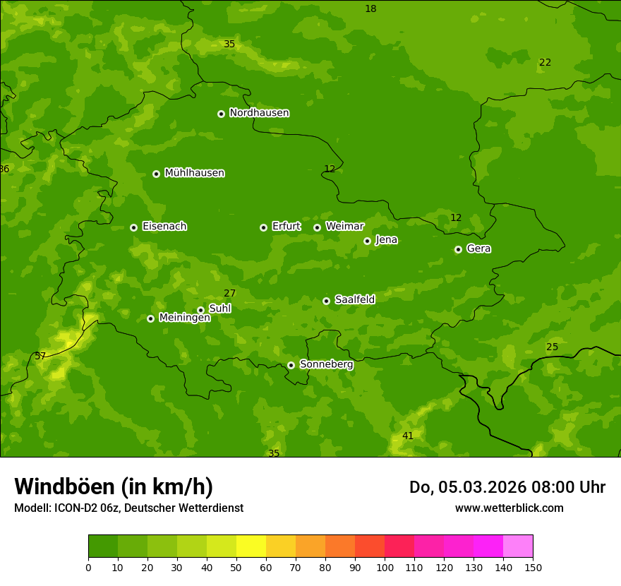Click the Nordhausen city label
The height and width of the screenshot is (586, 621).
click(x=259, y=113)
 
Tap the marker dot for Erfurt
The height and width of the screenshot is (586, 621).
click(x=263, y=227)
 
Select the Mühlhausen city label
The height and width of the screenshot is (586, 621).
click(x=194, y=173)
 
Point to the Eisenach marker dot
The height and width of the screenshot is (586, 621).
click(x=133, y=227)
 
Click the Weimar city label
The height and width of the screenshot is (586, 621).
click(x=344, y=227)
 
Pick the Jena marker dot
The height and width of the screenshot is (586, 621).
click(x=367, y=241)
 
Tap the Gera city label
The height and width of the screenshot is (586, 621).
click(x=478, y=249)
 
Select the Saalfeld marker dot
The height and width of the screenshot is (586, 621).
click(x=326, y=301)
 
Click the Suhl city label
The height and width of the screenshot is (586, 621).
click(x=219, y=309)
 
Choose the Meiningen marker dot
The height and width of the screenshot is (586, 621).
click(x=150, y=318)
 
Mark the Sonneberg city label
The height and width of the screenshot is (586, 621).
click(x=326, y=364)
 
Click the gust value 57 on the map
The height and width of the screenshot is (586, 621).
click(x=40, y=357)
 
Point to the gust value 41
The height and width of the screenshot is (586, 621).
click(x=408, y=436)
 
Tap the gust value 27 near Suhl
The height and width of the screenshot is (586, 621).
click(x=230, y=294)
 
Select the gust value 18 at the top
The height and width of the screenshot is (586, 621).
click(x=370, y=9)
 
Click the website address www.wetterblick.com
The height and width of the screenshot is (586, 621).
click(x=509, y=508)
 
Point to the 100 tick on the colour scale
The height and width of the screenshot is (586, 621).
click(x=385, y=567)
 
